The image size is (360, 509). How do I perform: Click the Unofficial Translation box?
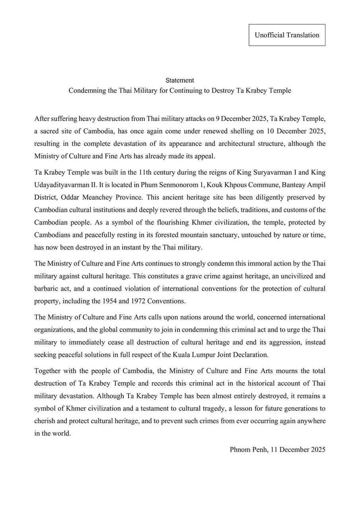pyautogui.click(x=287, y=35)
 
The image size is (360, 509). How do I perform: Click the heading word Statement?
pyautogui.click(x=180, y=80)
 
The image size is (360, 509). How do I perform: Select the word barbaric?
pyautogui.click(x=47, y=288)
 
